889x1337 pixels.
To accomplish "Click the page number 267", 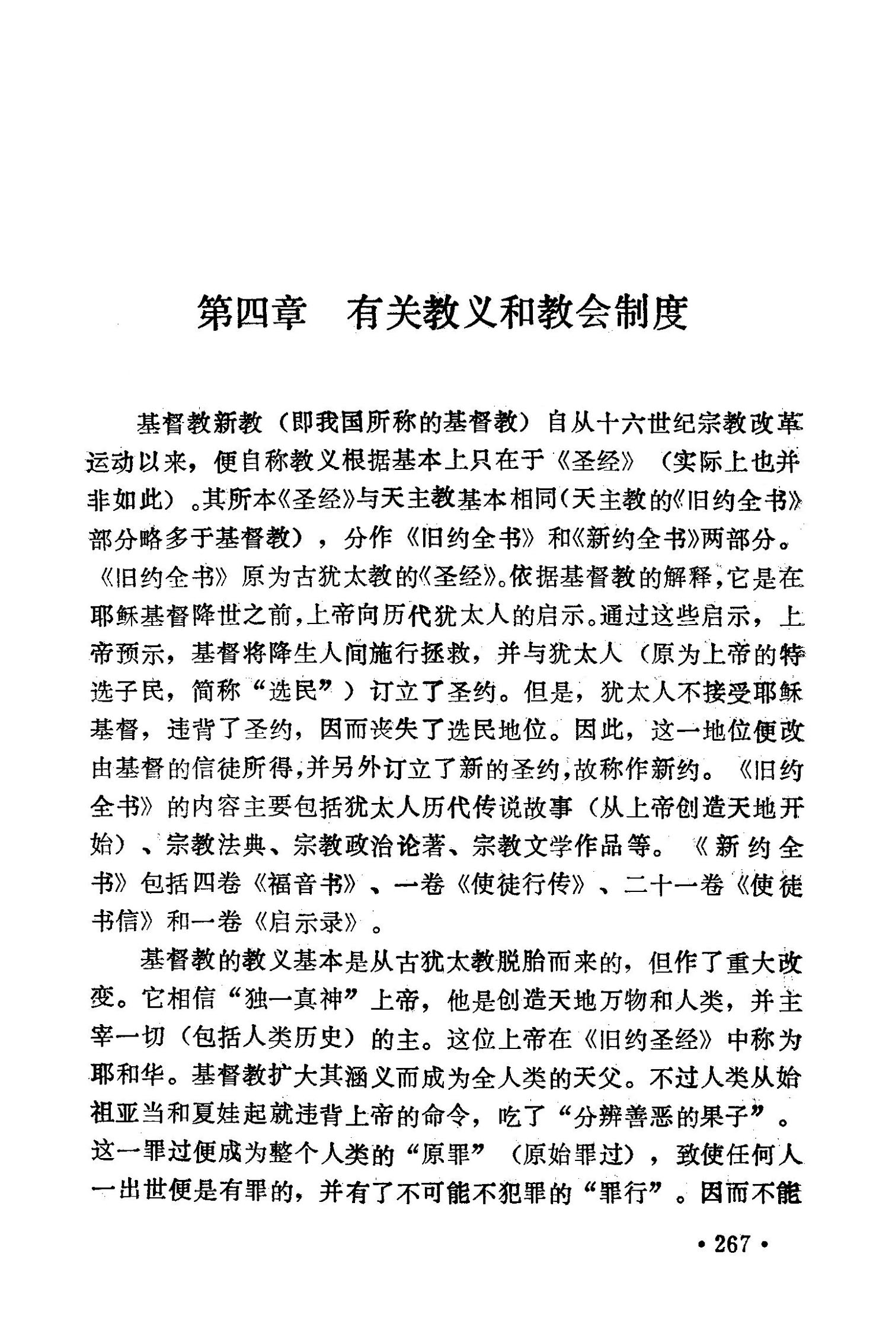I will pos(733,1243).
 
